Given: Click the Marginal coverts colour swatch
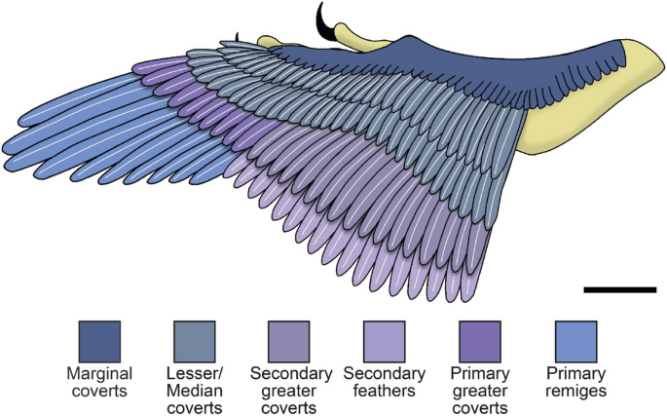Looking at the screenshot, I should (x=99, y=341).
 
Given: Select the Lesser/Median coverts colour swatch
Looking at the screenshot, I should (x=194, y=341).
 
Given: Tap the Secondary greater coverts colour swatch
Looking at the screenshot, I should (x=288, y=341).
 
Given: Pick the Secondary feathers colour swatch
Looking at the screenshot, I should (x=384, y=341).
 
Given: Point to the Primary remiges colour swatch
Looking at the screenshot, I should (x=574, y=341).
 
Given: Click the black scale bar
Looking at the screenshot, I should (x=620, y=289).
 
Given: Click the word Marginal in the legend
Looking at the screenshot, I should (x=99, y=373).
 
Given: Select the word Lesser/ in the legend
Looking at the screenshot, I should (x=194, y=373).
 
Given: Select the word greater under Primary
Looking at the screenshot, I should (x=479, y=390).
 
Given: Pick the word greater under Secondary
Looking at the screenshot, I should (x=288, y=390).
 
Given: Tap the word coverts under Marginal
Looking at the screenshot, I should (x=99, y=390).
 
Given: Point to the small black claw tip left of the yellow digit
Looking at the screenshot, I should (x=236, y=36).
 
